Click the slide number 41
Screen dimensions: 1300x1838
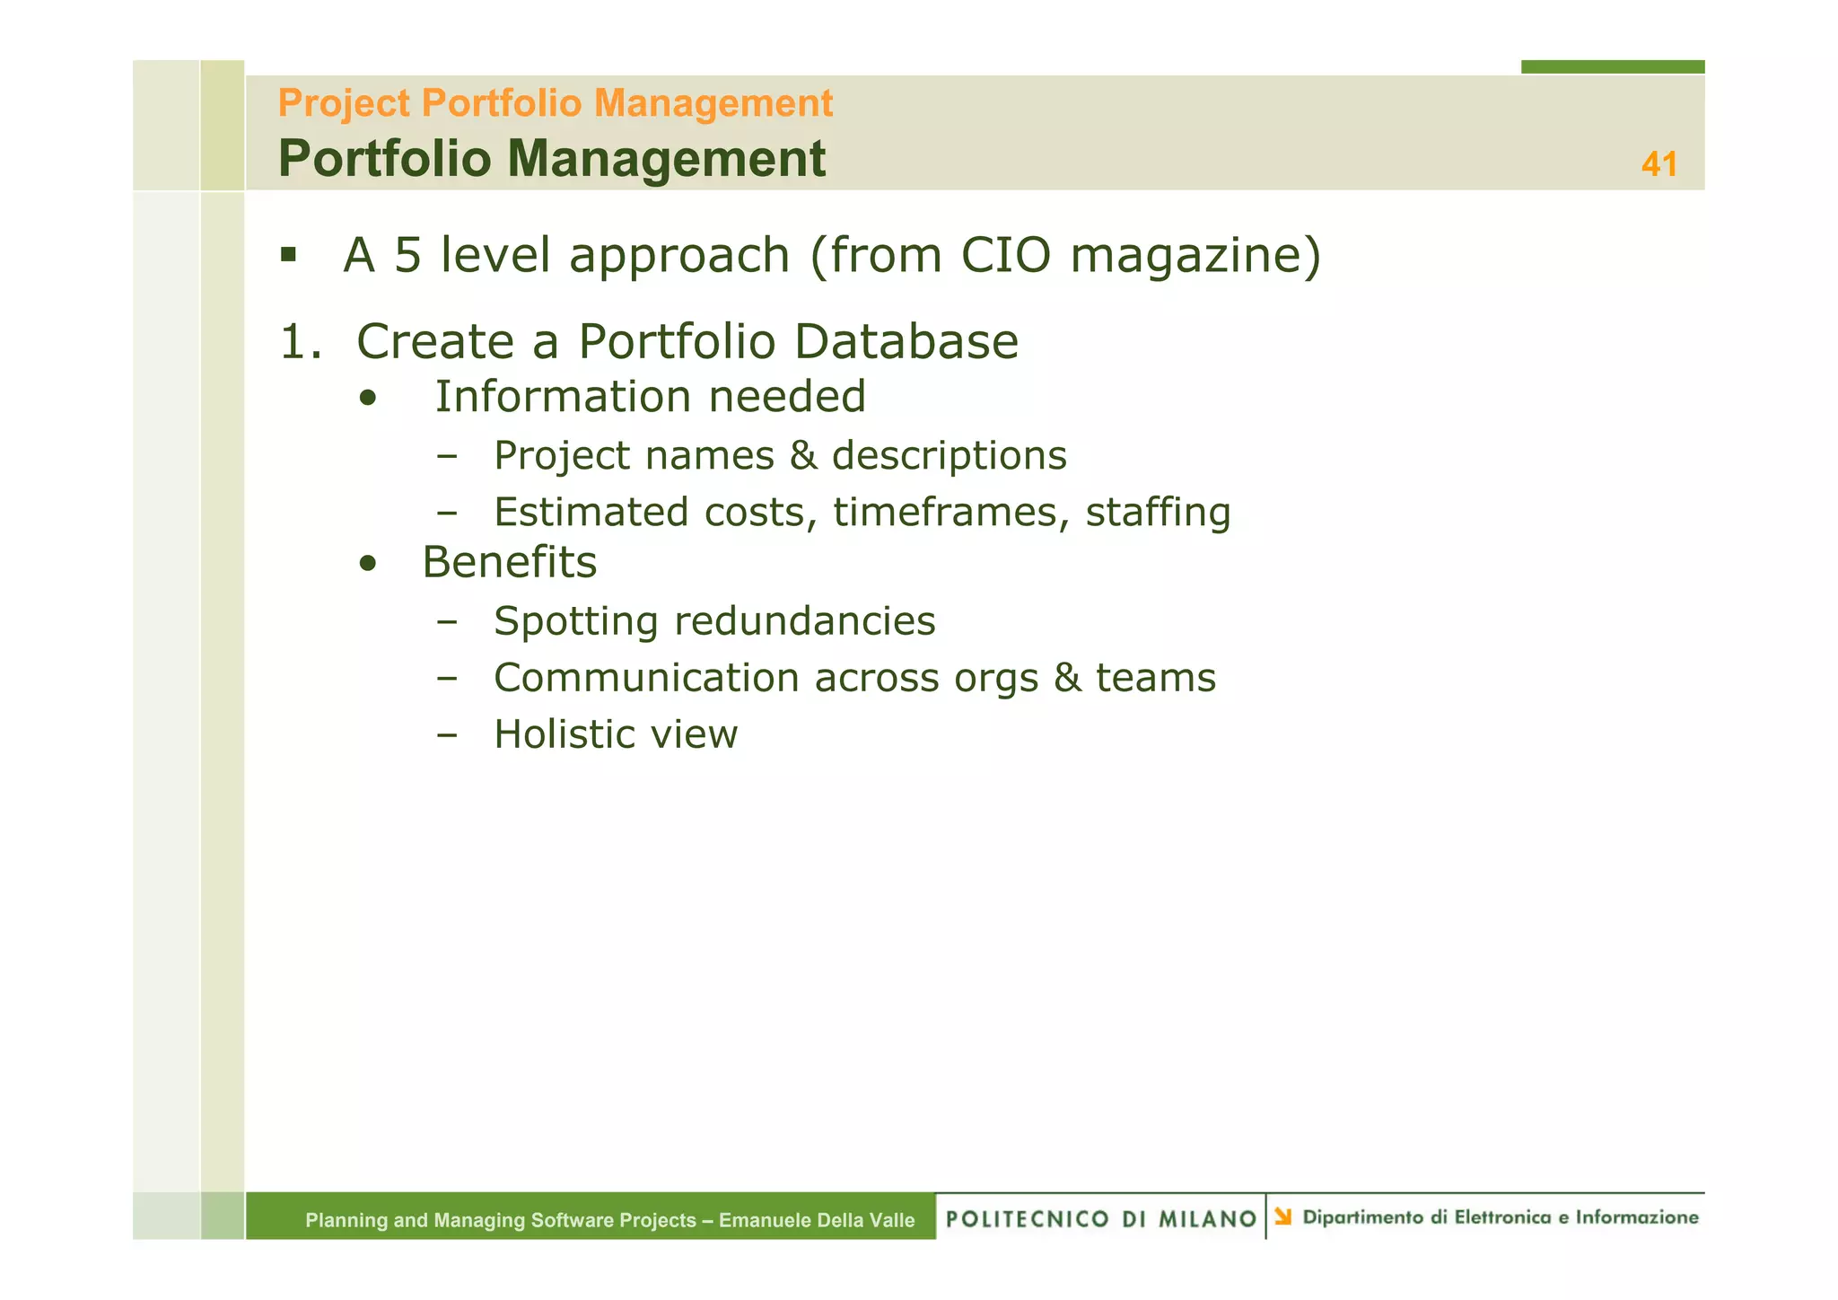tap(1659, 164)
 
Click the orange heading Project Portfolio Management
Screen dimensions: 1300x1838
tap(555, 103)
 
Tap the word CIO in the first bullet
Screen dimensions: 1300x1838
tap(1005, 255)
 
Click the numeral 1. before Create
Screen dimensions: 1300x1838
tap(300, 342)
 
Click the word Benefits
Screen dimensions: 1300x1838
tap(509, 563)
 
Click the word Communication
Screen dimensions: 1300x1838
tap(646, 678)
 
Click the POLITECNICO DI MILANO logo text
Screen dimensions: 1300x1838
tap(1101, 1218)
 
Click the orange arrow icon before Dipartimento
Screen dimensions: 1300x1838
tap(1283, 1217)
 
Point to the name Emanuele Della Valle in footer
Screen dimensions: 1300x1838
tap(817, 1220)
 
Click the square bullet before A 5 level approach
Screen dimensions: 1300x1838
tap(288, 255)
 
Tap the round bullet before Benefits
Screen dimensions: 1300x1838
tap(367, 564)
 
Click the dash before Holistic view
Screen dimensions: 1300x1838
tap(446, 734)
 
